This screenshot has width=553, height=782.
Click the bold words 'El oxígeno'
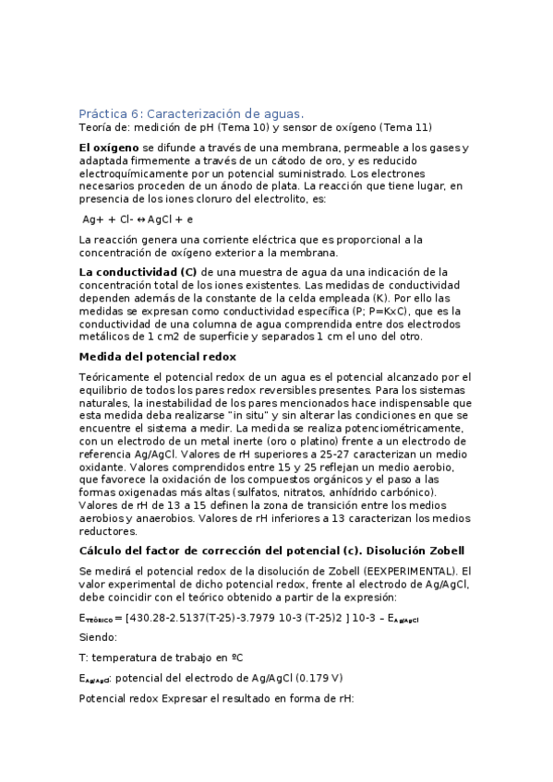click(110, 148)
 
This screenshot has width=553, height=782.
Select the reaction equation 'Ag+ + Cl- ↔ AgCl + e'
click(138, 219)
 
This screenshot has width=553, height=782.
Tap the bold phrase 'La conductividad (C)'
click(138, 272)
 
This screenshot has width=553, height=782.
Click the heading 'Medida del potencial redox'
click(158, 356)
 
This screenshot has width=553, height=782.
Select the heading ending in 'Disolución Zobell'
click(277, 550)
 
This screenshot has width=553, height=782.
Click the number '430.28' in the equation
click(150, 618)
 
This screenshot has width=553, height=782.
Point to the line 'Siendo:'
click(99, 637)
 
